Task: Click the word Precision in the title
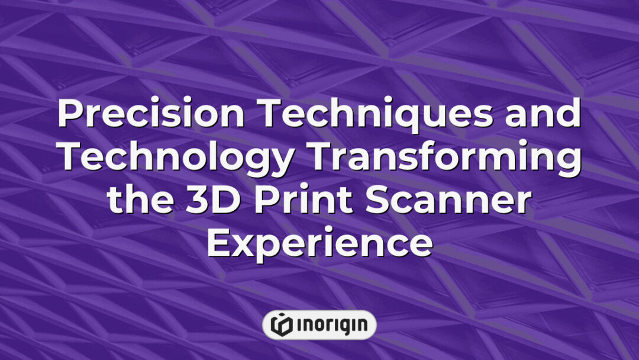coord(150,115)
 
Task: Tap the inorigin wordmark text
coord(331,324)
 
